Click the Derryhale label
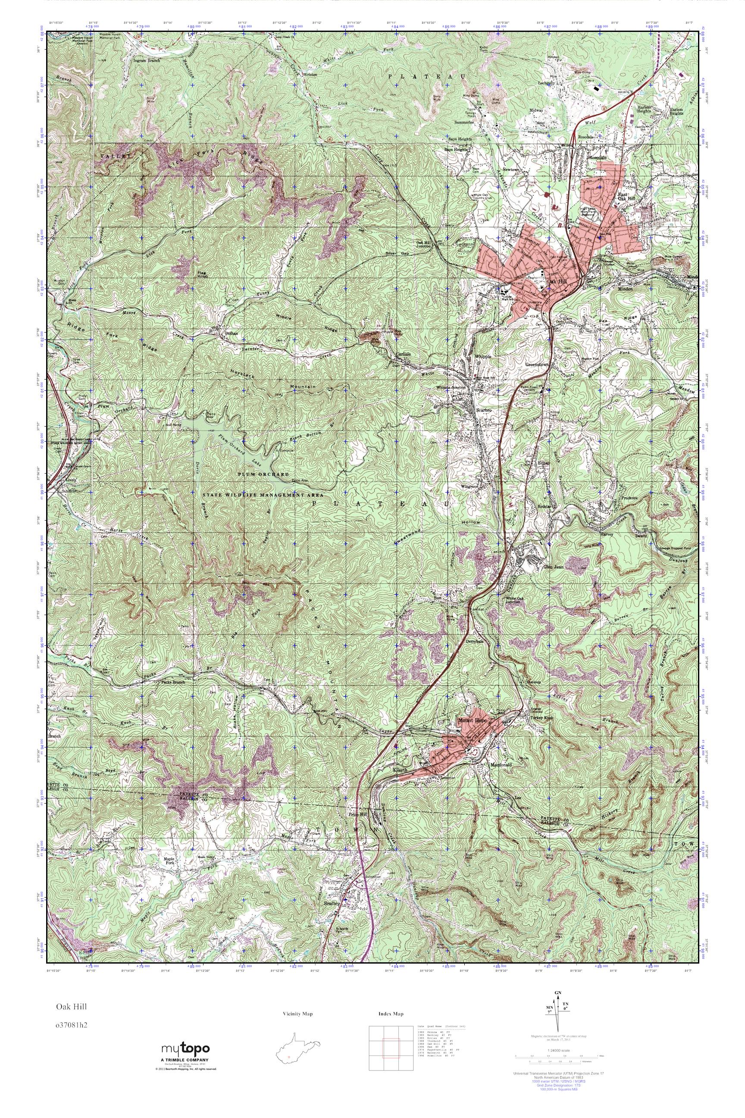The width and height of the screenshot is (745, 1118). point(476,641)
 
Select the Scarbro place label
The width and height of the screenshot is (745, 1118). point(484,410)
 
